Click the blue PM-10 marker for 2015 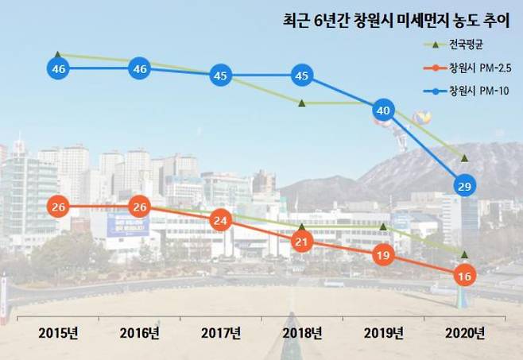coord(58,69)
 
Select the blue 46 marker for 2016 coord(140,69)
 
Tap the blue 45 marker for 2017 coord(221,76)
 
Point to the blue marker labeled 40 coord(383,110)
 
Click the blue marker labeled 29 coord(465,186)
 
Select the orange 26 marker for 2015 coord(58,207)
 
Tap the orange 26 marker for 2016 coord(140,207)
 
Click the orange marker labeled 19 coord(383,256)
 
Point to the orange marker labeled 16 coord(465,277)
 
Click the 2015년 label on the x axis coord(58,332)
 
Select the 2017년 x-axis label coord(221,332)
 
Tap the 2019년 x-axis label coord(383,332)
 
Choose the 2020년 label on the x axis coord(465,332)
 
